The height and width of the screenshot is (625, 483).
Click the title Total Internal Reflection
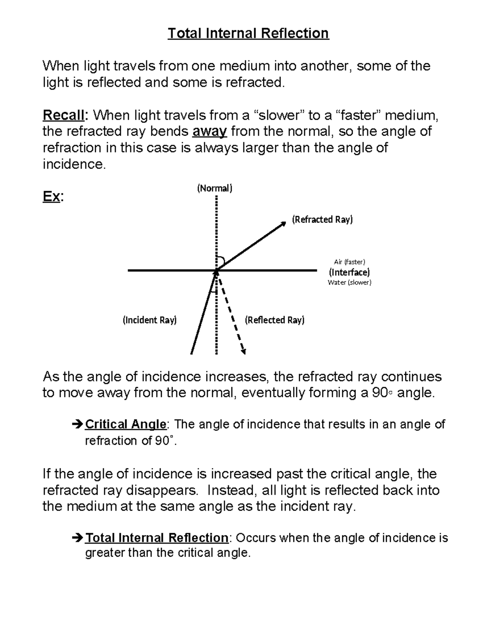(248, 33)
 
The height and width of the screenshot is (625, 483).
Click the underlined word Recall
(63, 116)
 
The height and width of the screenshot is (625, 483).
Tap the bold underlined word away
(210, 132)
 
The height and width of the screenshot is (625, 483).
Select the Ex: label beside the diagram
(52, 197)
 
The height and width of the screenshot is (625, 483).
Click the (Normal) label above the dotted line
(215, 188)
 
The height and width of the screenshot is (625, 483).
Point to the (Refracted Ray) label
(322, 219)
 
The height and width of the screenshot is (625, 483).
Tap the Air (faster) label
(349, 262)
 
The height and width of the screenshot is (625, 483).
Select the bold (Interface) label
(349, 272)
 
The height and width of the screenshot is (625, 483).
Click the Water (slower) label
(349, 282)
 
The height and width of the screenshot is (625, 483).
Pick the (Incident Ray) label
(150, 320)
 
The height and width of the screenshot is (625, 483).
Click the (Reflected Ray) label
(275, 320)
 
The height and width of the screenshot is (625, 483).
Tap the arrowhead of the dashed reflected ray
(243, 351)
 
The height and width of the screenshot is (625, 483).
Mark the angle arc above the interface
(221, 260)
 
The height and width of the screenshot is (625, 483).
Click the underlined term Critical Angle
(126, 424)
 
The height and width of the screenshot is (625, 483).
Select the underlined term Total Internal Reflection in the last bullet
(157, 538)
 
